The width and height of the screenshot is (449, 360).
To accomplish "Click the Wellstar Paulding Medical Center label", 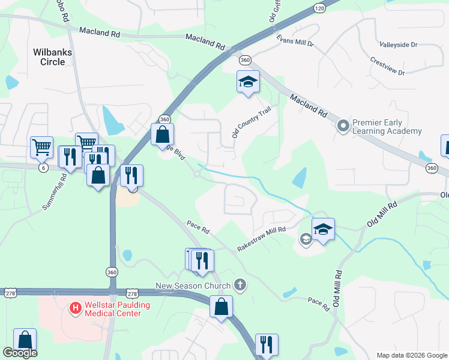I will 114,309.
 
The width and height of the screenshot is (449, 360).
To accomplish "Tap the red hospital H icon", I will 76,309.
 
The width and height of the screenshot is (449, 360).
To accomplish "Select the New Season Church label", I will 193,286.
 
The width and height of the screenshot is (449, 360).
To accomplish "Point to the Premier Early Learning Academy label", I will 387,126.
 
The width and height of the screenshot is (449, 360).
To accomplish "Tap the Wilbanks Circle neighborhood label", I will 53,57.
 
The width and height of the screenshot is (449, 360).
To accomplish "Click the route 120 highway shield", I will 319,8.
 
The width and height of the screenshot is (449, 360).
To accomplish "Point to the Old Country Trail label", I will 252,122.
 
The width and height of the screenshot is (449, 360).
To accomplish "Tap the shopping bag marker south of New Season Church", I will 221,307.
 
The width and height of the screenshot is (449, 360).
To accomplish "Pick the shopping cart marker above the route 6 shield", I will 41,146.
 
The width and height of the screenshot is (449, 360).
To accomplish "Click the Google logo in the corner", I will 20,353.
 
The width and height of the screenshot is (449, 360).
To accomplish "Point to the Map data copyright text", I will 412,355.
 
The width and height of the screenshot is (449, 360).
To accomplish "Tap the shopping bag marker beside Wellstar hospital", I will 25,339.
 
